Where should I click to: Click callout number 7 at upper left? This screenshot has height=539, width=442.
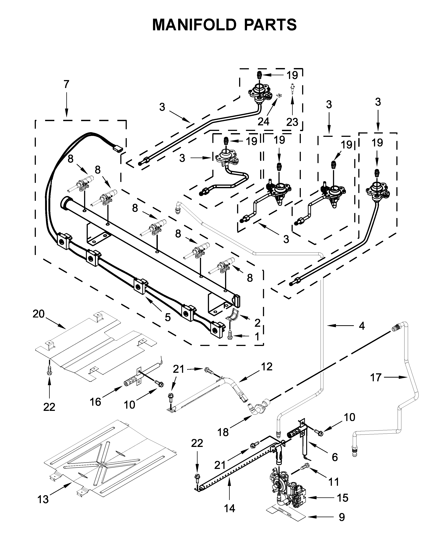pyautogui.click(x=66, y=84)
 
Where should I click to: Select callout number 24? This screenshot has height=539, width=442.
pyautogui.click(x=263, y=122)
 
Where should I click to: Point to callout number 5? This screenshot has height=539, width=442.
pyautogui.click(x=168, y=317)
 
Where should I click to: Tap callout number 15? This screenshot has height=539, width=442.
pyautogui.click(x=342, y=498)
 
